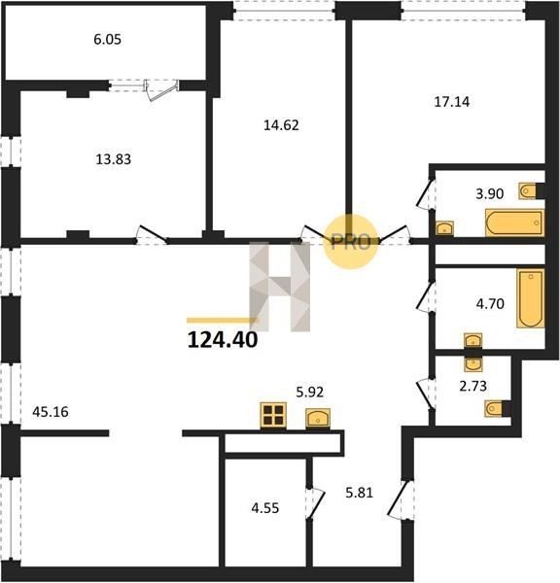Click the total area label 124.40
pos(222,340)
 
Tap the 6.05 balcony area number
pos(107,40)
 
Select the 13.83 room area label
pos(114,159)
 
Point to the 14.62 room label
pos(281,125)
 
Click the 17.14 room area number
pos(452,102)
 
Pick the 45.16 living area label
pos(51,412)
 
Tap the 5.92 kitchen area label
pos(309,392)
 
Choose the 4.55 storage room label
pos(264,508)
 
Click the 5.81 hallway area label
pos(359,493)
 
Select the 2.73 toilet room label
pos(472,387)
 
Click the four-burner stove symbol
pos(273,415)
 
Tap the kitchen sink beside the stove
pos(318,419)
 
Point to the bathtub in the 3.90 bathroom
pos(514,223)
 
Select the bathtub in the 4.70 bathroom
pos(531,298)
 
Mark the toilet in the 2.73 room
pos(498,409)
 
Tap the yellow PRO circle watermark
pos(350,242)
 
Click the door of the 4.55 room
pos(315,502)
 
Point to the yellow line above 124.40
pos(222,320)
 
